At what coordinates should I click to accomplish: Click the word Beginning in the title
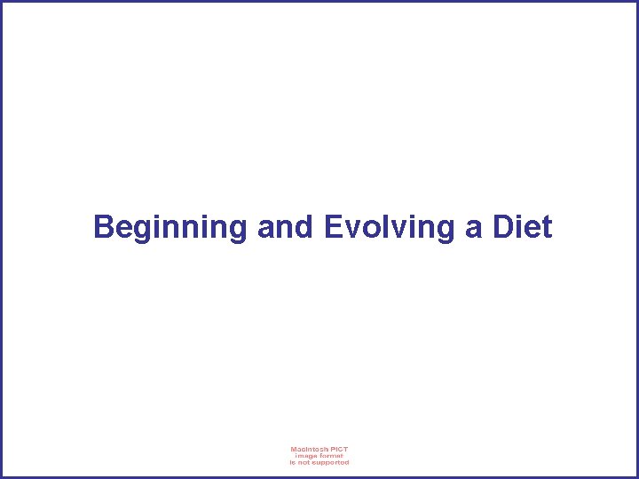[x=170, y=228]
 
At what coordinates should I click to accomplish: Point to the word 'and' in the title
[x=285, y=228]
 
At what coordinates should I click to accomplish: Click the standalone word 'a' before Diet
[x=473, y=229]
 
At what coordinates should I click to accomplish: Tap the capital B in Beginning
[x=104, y=227]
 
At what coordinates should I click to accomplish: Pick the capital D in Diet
[x=503, y=227]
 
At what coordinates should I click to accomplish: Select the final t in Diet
[x=547, y=228]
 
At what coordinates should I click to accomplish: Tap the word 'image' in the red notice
[x=304, y=456]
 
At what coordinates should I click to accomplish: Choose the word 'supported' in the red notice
[x=330, y=462]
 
